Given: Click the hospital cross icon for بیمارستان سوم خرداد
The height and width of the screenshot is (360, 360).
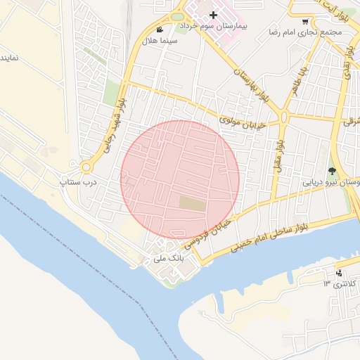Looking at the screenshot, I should [x=213, y=15].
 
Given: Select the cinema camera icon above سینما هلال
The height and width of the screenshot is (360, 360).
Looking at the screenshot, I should [x=160, y=30].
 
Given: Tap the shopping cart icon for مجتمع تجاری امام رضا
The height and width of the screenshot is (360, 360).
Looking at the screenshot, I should [x=304, y=22].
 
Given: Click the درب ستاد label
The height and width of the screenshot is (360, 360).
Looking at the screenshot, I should [x=80, y=181].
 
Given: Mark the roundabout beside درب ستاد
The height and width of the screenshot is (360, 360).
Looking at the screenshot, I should [x=87, y=167].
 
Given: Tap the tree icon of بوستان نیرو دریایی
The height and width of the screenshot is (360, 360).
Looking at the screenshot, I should [x=333, y=171].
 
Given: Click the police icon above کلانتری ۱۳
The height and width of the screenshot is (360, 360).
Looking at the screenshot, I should [x=340, y=273].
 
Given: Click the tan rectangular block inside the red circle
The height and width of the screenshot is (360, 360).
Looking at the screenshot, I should [x=193, y=204].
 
